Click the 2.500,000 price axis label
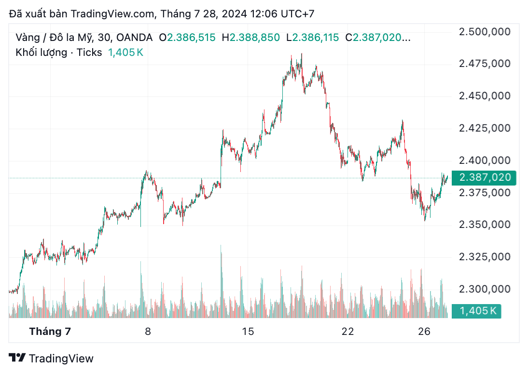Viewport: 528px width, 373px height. (484, 32)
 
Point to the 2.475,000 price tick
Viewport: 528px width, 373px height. (484, 64)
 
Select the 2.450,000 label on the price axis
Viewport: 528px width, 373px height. (484, 96)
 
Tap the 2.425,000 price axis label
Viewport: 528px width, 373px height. (484, 128)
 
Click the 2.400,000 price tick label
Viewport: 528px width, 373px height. (484, 160)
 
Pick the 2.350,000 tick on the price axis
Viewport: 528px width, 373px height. (484, 225)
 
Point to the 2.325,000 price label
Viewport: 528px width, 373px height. (484, 257)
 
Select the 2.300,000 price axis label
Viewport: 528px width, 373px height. (484, 289)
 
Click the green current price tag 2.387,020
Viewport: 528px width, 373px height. (484, 178)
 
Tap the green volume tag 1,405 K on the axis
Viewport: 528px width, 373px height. (477, 311)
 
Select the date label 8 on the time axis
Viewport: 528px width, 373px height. (148, 332)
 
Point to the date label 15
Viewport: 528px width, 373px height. (248, 332)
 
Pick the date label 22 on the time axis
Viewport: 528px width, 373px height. (347, 332)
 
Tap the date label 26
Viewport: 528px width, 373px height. (424, 332)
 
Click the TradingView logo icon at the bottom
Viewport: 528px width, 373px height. (18, 358)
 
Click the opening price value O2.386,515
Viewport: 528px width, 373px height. (187, 37)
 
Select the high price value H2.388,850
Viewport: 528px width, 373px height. (250, 37)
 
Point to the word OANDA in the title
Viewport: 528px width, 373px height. (135, 37)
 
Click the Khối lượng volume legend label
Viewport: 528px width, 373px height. (41, 52)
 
